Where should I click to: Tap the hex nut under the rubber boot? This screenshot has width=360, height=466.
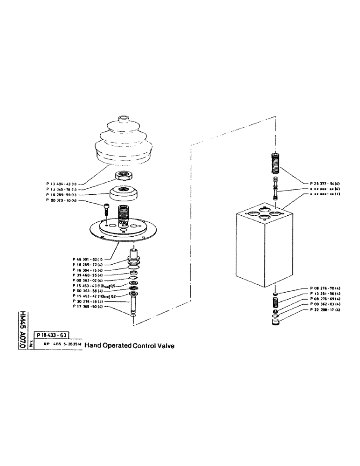pyautogui.click(x=125, y=177)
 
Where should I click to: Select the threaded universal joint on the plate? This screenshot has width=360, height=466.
pyautogui.click(x=124, y=215)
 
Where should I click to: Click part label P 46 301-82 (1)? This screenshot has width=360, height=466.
pyautogui.click(x=89, y=259)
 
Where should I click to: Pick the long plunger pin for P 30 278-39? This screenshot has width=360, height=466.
pyautogui.click(x=133, y=305)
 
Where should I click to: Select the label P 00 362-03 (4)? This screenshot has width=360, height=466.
pyautogui.click(x=325, y=304)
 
